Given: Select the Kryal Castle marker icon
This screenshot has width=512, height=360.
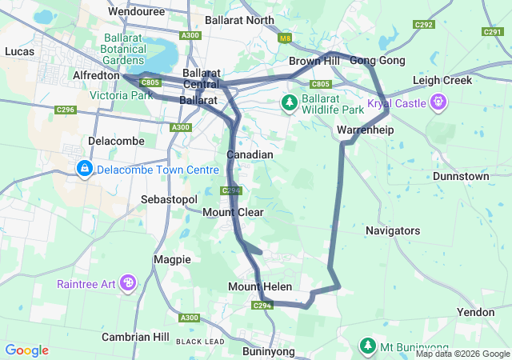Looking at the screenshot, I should point(438,102).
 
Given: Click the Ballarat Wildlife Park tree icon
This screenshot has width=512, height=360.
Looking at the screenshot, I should point(289,102).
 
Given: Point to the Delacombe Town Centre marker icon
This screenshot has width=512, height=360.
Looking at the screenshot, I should point(85,169).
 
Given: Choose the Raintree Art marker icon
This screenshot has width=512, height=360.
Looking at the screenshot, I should point(128,282).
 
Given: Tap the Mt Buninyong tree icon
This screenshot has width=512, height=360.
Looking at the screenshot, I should point(367,346).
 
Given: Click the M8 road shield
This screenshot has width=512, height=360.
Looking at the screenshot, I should point(284,38).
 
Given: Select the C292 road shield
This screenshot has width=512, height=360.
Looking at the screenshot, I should point(424,26).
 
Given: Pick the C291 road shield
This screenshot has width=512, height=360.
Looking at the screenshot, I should point(492,31).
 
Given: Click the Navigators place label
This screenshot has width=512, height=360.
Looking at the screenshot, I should point(392,230).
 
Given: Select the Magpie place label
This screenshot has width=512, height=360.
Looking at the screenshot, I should point(172,259).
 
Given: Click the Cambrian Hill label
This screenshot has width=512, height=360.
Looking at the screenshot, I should point(135,336).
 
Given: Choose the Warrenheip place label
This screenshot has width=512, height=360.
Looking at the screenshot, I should point(365,129).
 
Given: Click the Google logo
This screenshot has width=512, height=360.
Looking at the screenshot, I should point(26,350).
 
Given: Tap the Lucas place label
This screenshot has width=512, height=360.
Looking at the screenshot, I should point(19,50).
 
